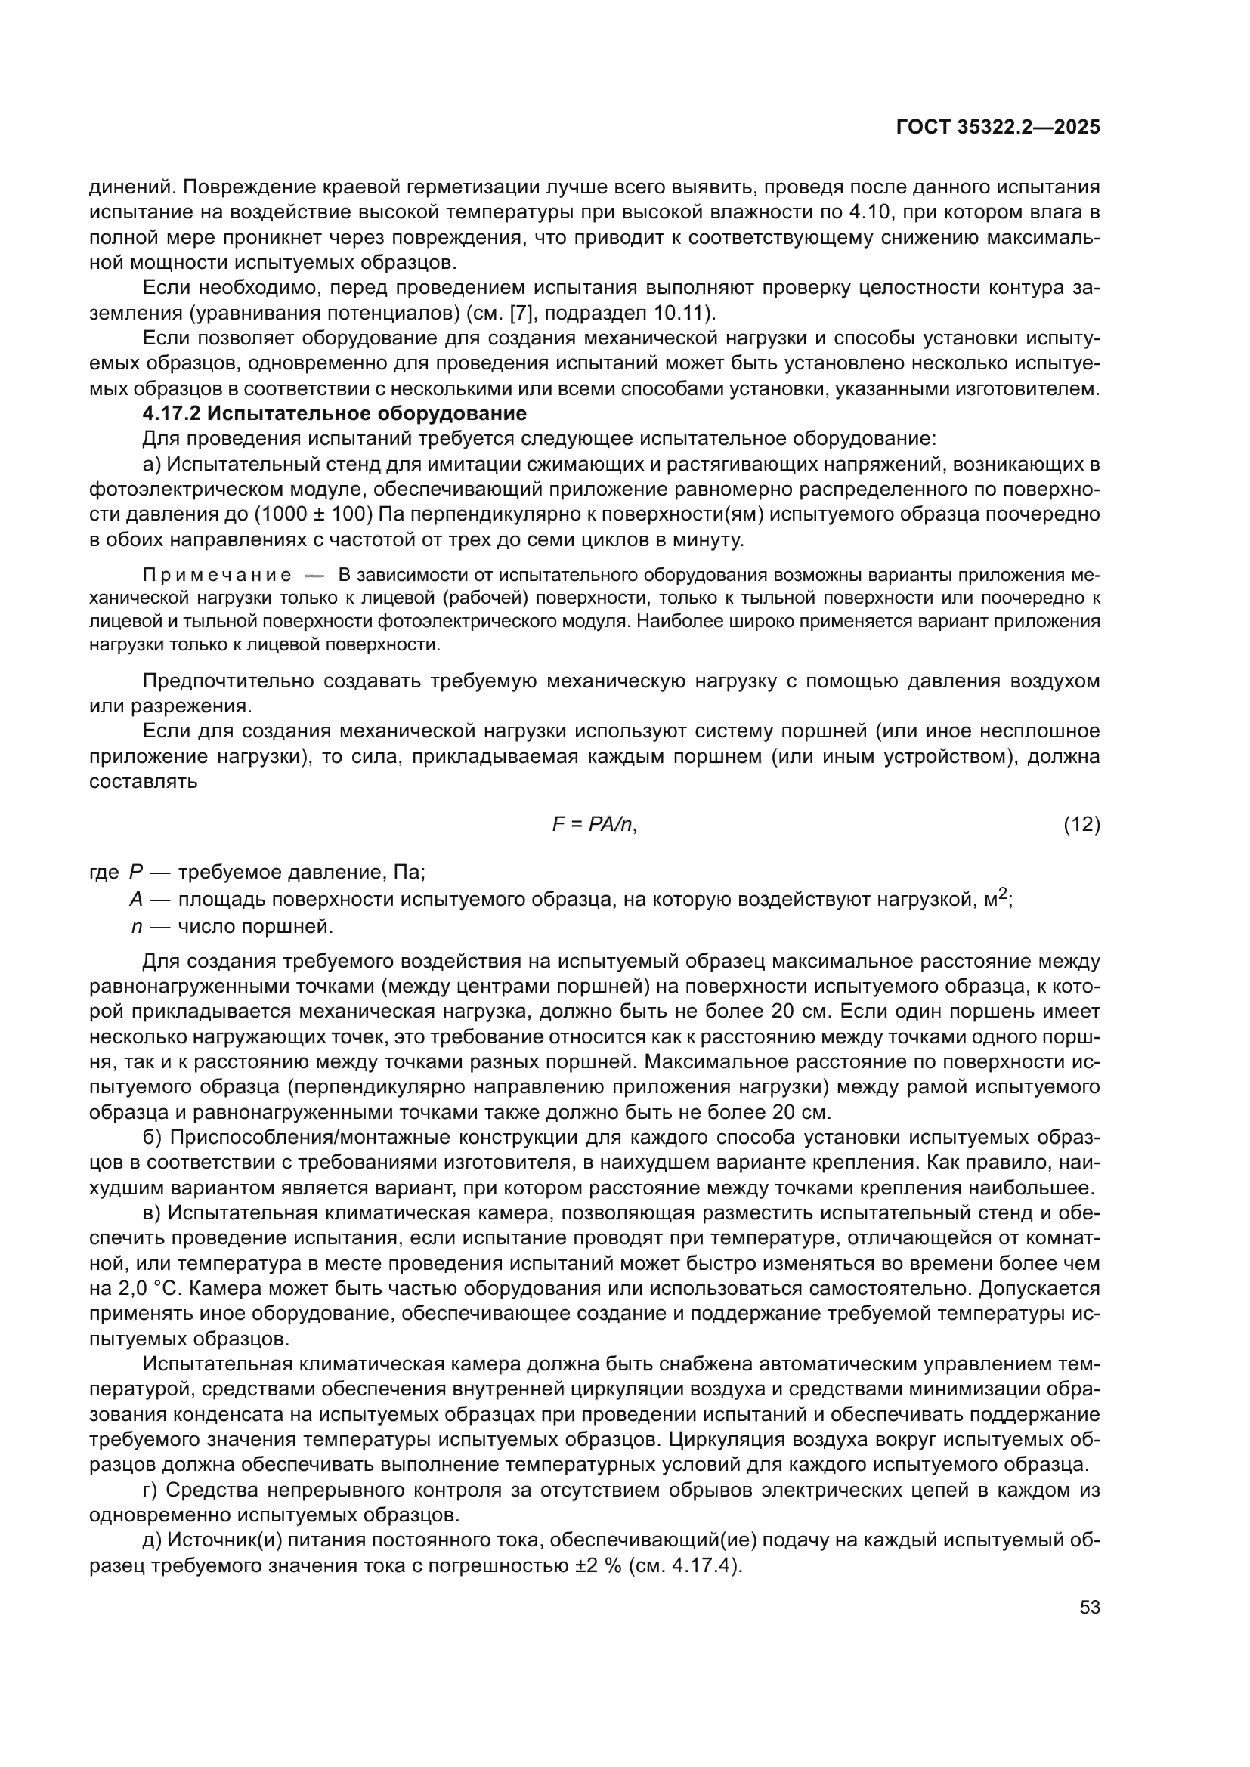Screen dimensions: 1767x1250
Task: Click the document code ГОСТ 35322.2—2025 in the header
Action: point(998,127)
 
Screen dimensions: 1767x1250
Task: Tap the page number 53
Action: point(1089,1607)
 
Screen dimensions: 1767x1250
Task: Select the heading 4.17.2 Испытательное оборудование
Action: point(334,413)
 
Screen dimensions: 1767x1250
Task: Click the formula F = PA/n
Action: point(594,824)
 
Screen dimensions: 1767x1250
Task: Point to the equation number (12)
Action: point(1081,824)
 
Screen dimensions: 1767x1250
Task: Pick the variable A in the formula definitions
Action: point(136,900)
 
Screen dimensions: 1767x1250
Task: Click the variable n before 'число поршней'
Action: point(136,926)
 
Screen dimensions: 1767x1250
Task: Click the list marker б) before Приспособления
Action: point(153,1137)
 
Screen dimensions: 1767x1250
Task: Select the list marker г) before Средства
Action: point(151,1490)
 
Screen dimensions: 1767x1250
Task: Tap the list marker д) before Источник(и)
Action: point(153,1540)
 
